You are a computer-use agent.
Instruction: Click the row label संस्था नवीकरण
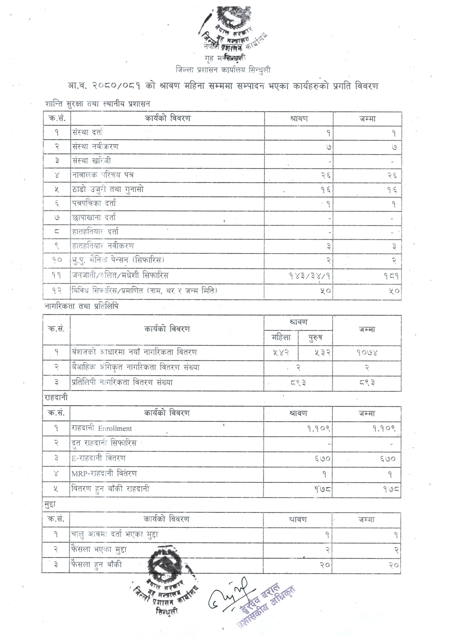pos(95,147)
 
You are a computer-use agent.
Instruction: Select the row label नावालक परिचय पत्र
pos(103,175)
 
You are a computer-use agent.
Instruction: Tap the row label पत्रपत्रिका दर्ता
pos(94,203)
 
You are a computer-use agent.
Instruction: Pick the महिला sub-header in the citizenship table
pos(281,338)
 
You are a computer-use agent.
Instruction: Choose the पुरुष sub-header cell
pos(315,338)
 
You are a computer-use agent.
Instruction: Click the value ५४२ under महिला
pos(281,352)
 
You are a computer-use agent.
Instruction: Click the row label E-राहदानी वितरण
pos(99,458)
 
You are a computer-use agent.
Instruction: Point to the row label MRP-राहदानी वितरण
pos(104,473)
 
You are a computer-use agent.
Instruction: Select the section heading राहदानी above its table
pos(56,398)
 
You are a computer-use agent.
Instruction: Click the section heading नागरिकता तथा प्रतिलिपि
pos(82,306)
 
